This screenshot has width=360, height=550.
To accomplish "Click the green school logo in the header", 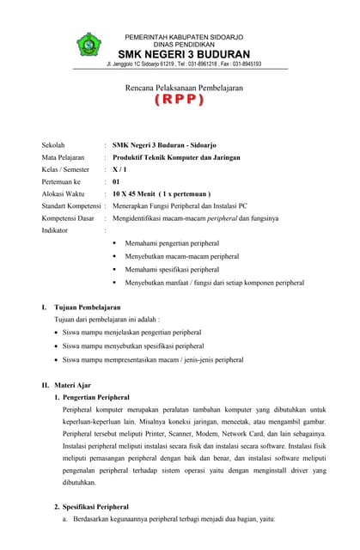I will [x=89, y=46].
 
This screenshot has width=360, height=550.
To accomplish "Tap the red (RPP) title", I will [x=180, y=101].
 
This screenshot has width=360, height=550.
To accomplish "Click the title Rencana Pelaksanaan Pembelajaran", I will [x=180, y=88].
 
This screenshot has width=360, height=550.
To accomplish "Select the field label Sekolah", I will [x=53, y=145].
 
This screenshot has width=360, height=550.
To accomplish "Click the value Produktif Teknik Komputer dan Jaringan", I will [x=178, y=157].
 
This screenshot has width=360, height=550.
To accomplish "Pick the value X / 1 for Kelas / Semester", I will [x=119, y=170].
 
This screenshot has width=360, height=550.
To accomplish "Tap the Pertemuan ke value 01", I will [x=116, y=182].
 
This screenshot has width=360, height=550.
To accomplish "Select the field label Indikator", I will [x=56, y=231].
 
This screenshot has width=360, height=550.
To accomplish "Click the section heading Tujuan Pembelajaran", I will [x=86, y=307].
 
